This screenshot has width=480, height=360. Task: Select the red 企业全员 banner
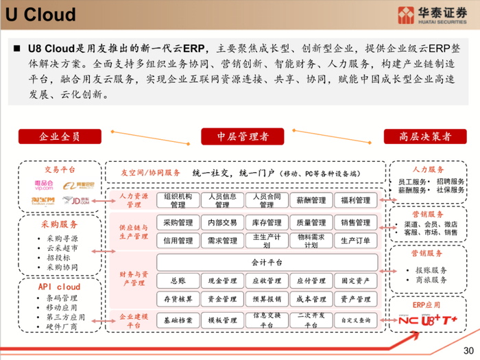coord(60,136)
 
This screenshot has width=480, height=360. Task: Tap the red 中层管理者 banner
coord(242,136)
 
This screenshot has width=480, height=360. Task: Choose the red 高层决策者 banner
coord(426,136)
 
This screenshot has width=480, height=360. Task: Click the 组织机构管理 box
coord(178,200)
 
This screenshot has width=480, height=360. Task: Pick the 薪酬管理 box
coord(311,200)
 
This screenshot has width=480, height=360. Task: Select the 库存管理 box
coord(267,223)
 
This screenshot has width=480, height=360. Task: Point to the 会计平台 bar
coord(267,262)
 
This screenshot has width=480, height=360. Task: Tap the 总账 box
coord(178,280)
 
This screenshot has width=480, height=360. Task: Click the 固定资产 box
coord(355,280)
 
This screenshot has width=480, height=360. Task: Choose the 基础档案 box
coord(178,320)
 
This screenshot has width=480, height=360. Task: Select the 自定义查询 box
coord(355,320)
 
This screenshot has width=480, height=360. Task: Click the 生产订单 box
coord(355,241)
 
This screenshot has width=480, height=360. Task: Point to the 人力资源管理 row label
coord(134,200)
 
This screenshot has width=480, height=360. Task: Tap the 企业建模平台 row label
coord(134,320)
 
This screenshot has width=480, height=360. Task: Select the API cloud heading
coord(59,287)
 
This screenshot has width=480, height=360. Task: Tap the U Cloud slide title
coord(41,14)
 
